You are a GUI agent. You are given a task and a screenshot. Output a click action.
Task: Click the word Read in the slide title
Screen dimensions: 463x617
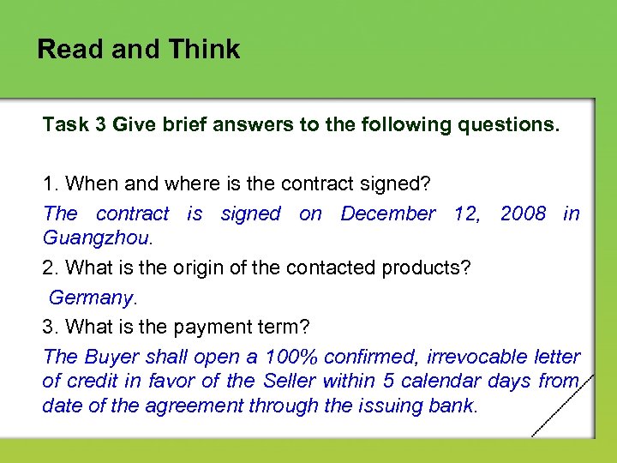click(x=69, y=50)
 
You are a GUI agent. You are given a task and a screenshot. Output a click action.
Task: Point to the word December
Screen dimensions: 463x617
click(x=388, y=213)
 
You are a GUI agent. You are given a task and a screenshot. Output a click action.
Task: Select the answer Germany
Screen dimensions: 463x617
click(x=91, y=298)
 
